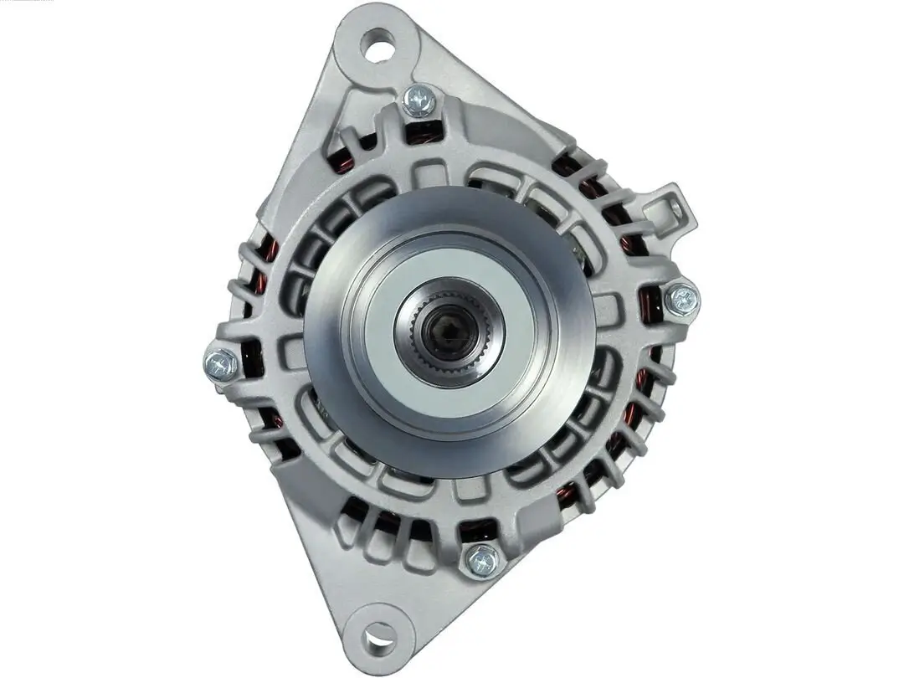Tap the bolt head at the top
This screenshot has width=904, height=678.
click(x=419, y=101)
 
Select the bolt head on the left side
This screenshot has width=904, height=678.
click(x=220, y=364)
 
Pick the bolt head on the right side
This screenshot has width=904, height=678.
click(x=681, y=299)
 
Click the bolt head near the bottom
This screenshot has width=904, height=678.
click(x=483, y=559)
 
